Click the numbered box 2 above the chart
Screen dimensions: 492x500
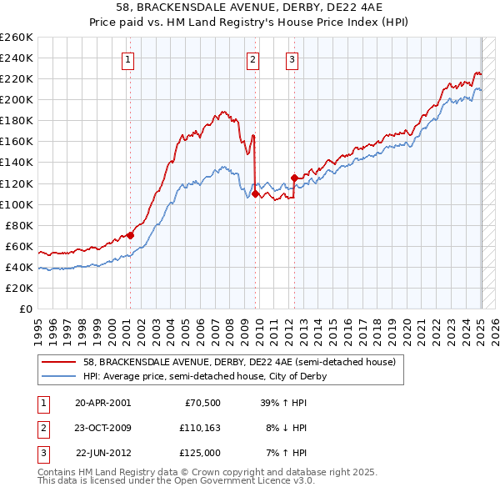[252, 58]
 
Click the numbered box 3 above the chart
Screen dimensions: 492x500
[292, 58]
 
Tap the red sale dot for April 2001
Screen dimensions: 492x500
[130, 235]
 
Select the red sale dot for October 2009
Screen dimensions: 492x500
[254, 193]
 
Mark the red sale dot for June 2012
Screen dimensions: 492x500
[294, 178]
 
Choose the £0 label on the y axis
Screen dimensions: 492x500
[27, 309]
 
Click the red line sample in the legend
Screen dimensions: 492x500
[59, 363]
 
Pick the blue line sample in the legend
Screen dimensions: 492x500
[59, 376]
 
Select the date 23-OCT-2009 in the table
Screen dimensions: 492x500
[102, 428]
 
